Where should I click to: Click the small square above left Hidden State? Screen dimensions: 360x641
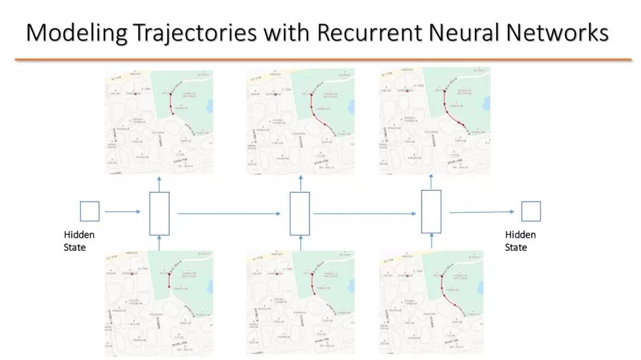pos(90,211)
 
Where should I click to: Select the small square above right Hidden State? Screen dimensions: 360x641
pos(531,211)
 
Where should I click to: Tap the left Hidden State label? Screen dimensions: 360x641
pos(79,241)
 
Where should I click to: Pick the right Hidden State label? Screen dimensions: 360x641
pos(520,241)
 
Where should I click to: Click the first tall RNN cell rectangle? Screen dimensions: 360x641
pos(160,214)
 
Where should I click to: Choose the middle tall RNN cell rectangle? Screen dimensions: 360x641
pos(300,214)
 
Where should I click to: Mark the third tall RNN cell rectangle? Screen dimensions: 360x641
pos(431,211)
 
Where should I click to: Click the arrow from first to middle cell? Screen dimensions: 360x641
pos(229,214)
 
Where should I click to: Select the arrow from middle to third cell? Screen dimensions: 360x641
pos(364,214)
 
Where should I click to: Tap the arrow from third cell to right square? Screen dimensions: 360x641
pos(481,212)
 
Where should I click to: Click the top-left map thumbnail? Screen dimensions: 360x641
pos(158,122)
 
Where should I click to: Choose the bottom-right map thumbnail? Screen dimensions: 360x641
pos(431,302)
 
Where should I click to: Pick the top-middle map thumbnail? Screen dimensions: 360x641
pos(300,122)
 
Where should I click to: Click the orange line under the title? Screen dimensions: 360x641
pos(323,59)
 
